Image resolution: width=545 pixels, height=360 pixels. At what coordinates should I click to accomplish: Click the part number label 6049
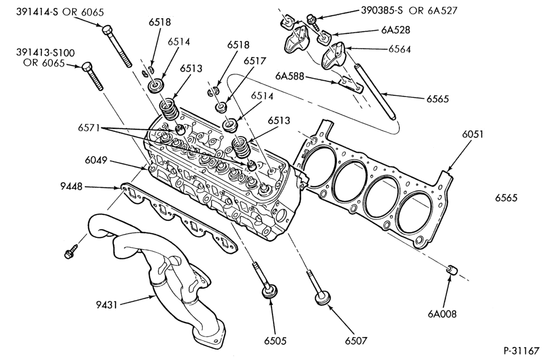pyautogui.click(x=95, y=161)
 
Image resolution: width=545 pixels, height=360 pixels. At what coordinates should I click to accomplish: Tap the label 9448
pyautogui.click(x=71, y=187)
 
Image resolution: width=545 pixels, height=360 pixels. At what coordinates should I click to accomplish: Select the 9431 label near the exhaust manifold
pyautogui.click(x=107, y=305)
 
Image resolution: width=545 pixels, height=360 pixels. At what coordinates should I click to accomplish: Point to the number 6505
pyautogui.click(x=275, y=341)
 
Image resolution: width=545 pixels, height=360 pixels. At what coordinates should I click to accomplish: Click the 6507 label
pyautogui.click(x=355, y=341)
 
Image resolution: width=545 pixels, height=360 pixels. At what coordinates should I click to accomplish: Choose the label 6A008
pyautogui.click(x=442, y=314)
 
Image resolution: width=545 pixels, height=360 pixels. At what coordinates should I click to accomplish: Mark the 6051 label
pyautogui.click(x=473, y=134)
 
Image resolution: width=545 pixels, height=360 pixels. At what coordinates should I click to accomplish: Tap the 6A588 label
pyautogui.click(x=289, y=76)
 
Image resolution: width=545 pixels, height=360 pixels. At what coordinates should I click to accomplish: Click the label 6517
pyautogui.click(x=255, y=61)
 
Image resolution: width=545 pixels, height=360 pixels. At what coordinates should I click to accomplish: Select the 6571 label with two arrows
pyautogui.click(x=88, y=128)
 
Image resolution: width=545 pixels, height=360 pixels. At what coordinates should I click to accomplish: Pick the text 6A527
pyautogui.click(x=443, y=10)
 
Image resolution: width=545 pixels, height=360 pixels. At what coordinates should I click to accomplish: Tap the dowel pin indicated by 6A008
pyautogui.click(x=451, y=269)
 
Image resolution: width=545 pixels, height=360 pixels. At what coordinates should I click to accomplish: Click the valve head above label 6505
pyautogui.click(x=270, y=291)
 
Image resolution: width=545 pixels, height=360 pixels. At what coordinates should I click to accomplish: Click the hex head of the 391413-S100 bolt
pyautogui.click(x=87, y=67)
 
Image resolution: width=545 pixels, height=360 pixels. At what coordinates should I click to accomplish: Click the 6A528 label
pyautogui.click(x=396, y=30)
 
